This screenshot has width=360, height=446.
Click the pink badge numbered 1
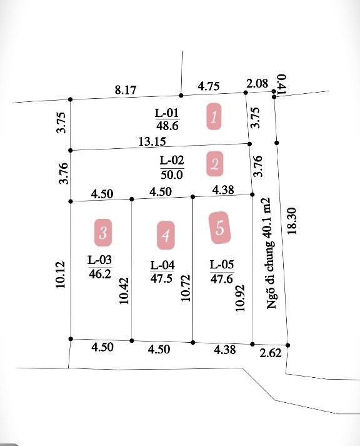[214, 116]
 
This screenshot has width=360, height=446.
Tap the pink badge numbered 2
[214, 164]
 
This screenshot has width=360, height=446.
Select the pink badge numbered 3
[103, 233]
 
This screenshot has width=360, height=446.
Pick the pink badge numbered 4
[166, 235]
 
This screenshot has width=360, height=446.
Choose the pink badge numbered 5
[219, 228]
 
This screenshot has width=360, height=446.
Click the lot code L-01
[167, 113]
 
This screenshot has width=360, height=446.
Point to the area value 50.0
[172, 175]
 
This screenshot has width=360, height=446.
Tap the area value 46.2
[100, 274]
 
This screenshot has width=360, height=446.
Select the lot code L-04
[162, 265]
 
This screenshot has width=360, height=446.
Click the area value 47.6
[222, 278]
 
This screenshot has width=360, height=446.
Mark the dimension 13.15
[152, 141]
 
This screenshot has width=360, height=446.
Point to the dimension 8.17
[126, 90]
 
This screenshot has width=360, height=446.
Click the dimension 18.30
[292, 221]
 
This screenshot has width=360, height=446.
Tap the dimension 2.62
[271, 353]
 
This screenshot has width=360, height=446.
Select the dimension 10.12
[61, 275]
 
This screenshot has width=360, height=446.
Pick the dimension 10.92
[239, 298]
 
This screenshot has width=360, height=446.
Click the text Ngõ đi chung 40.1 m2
[271, 253]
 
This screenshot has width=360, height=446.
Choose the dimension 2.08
[257, 84]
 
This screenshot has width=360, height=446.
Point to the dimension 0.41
[282, 84]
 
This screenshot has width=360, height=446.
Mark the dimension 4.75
[209, 86]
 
